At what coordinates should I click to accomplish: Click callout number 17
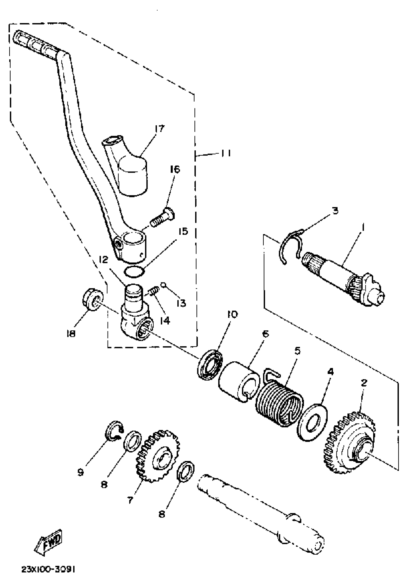(x=160, y=129)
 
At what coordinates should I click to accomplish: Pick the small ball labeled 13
(x=162, y=285)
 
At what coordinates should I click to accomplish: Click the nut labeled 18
(x=93, y=300)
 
